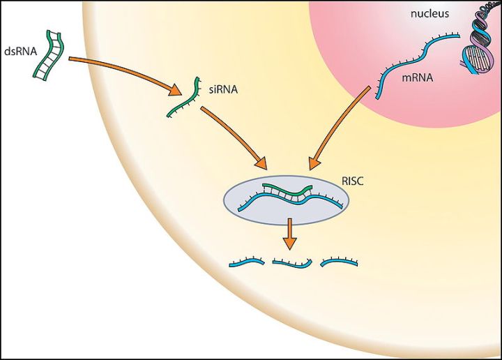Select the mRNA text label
(417, 79)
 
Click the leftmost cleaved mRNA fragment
(248, 264)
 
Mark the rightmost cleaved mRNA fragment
(339, 262)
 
